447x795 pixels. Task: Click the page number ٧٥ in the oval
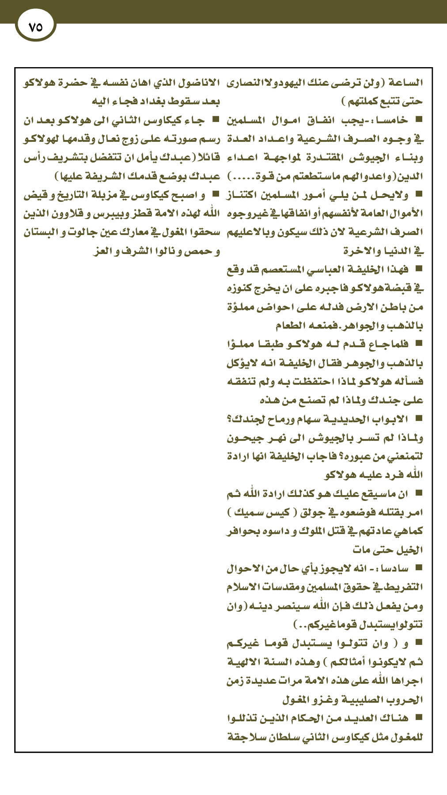coord(35,27)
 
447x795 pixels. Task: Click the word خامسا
coord(395,120)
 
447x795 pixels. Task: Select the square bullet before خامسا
coord(419,120)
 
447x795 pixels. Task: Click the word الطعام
coord(294,326)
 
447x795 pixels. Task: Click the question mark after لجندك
coord(229,419)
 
